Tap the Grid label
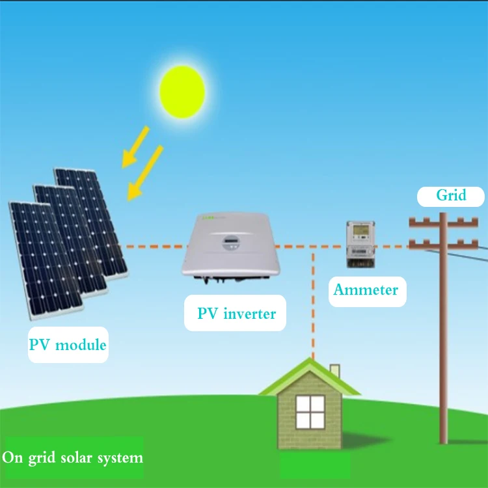tap(451, 196)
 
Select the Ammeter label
tap(365, 290)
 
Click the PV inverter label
tap(237, 314)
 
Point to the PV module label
tap(67, 344)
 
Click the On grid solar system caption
tap(72, 457)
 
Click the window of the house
tap(310, 411)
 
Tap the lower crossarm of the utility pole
tap(443, 245)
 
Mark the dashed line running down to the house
tap(314, 306)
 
